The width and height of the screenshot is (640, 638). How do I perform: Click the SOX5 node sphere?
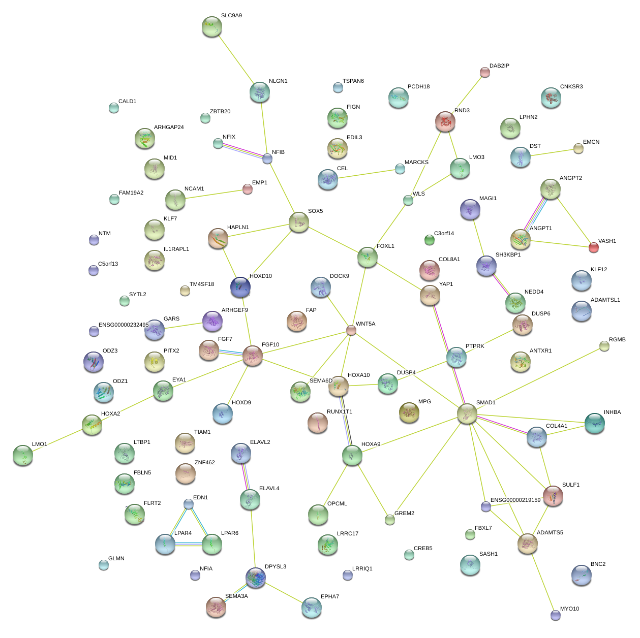click(299, 222)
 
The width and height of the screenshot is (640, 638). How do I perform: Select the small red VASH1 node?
click(593, 247)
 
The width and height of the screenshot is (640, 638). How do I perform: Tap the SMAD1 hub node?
click(467, 413)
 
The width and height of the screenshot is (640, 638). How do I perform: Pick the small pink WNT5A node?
click(351, 331)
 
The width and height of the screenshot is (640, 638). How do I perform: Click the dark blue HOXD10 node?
click(240, 287)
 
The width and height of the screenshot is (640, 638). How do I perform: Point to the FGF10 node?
click(253, 356)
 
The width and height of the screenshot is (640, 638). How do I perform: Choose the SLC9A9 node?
click(211, 26)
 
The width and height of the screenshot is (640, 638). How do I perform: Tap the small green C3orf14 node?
click(430, 240)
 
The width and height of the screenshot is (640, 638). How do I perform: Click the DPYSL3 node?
click(256, 578)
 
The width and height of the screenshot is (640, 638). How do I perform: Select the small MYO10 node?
click(556, 615)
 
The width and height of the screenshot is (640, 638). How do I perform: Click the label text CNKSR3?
click(571, 87)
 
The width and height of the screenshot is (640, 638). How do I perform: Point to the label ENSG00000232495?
click(124, 325)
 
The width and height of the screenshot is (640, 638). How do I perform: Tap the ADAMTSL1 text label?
click(605, 300)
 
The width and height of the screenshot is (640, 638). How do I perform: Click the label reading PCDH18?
click(418, 87)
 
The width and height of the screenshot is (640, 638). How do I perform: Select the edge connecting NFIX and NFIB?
click(242, 151)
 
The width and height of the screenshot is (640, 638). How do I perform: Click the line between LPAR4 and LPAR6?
click(189, 545)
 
